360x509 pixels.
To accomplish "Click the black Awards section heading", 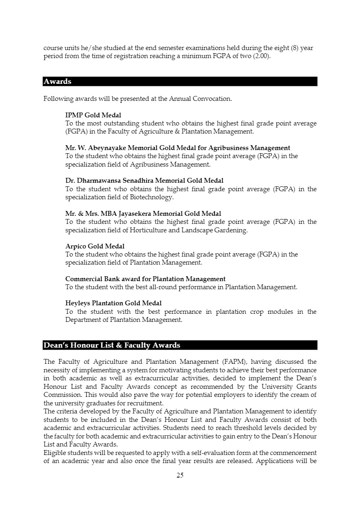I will pyautogui.click(x=58, y=81).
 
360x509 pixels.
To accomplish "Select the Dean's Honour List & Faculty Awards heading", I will pyautogui.click(x=112, y=345).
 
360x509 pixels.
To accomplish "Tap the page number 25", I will pyautogui.click(x=180, y=475).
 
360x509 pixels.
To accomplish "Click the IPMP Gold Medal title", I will pyautogui.click(x=93, y=115).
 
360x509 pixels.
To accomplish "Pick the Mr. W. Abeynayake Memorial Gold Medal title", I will pyautogui.click(x=177, y=148).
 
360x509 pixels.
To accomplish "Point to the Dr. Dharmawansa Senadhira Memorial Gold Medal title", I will pyautogui.click(x=144, y=181).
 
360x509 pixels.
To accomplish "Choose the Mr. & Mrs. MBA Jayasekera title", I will pyautogui.click(x=143, y=214).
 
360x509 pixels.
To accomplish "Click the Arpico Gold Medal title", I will pyautogui.click(x=95, y=246).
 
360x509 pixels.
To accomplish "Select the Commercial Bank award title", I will pyautogui.click(x=145, y=279).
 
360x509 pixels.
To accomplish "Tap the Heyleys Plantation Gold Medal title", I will pyautogui.click(x=113, y=303).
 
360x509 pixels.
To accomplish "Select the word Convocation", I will pyautogui.click(x=212, y=99).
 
